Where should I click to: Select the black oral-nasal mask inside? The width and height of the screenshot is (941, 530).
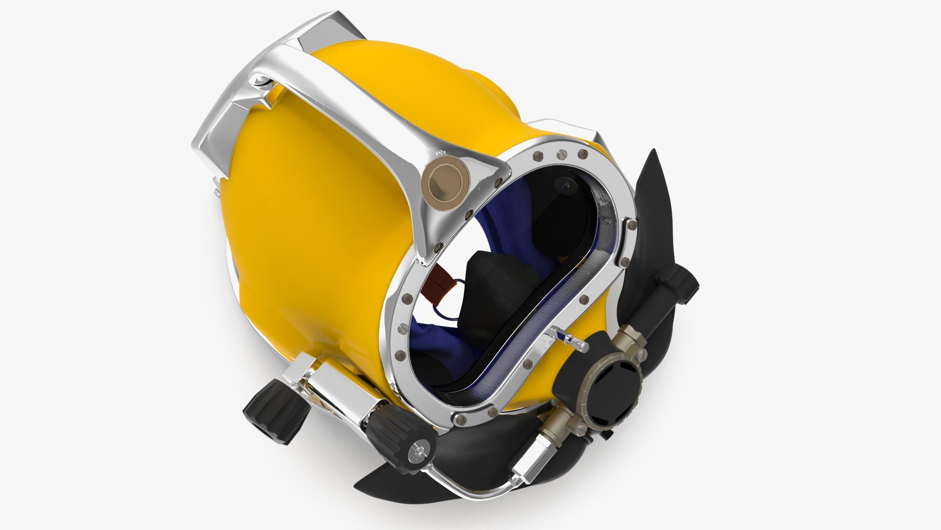[x=495, y=290]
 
